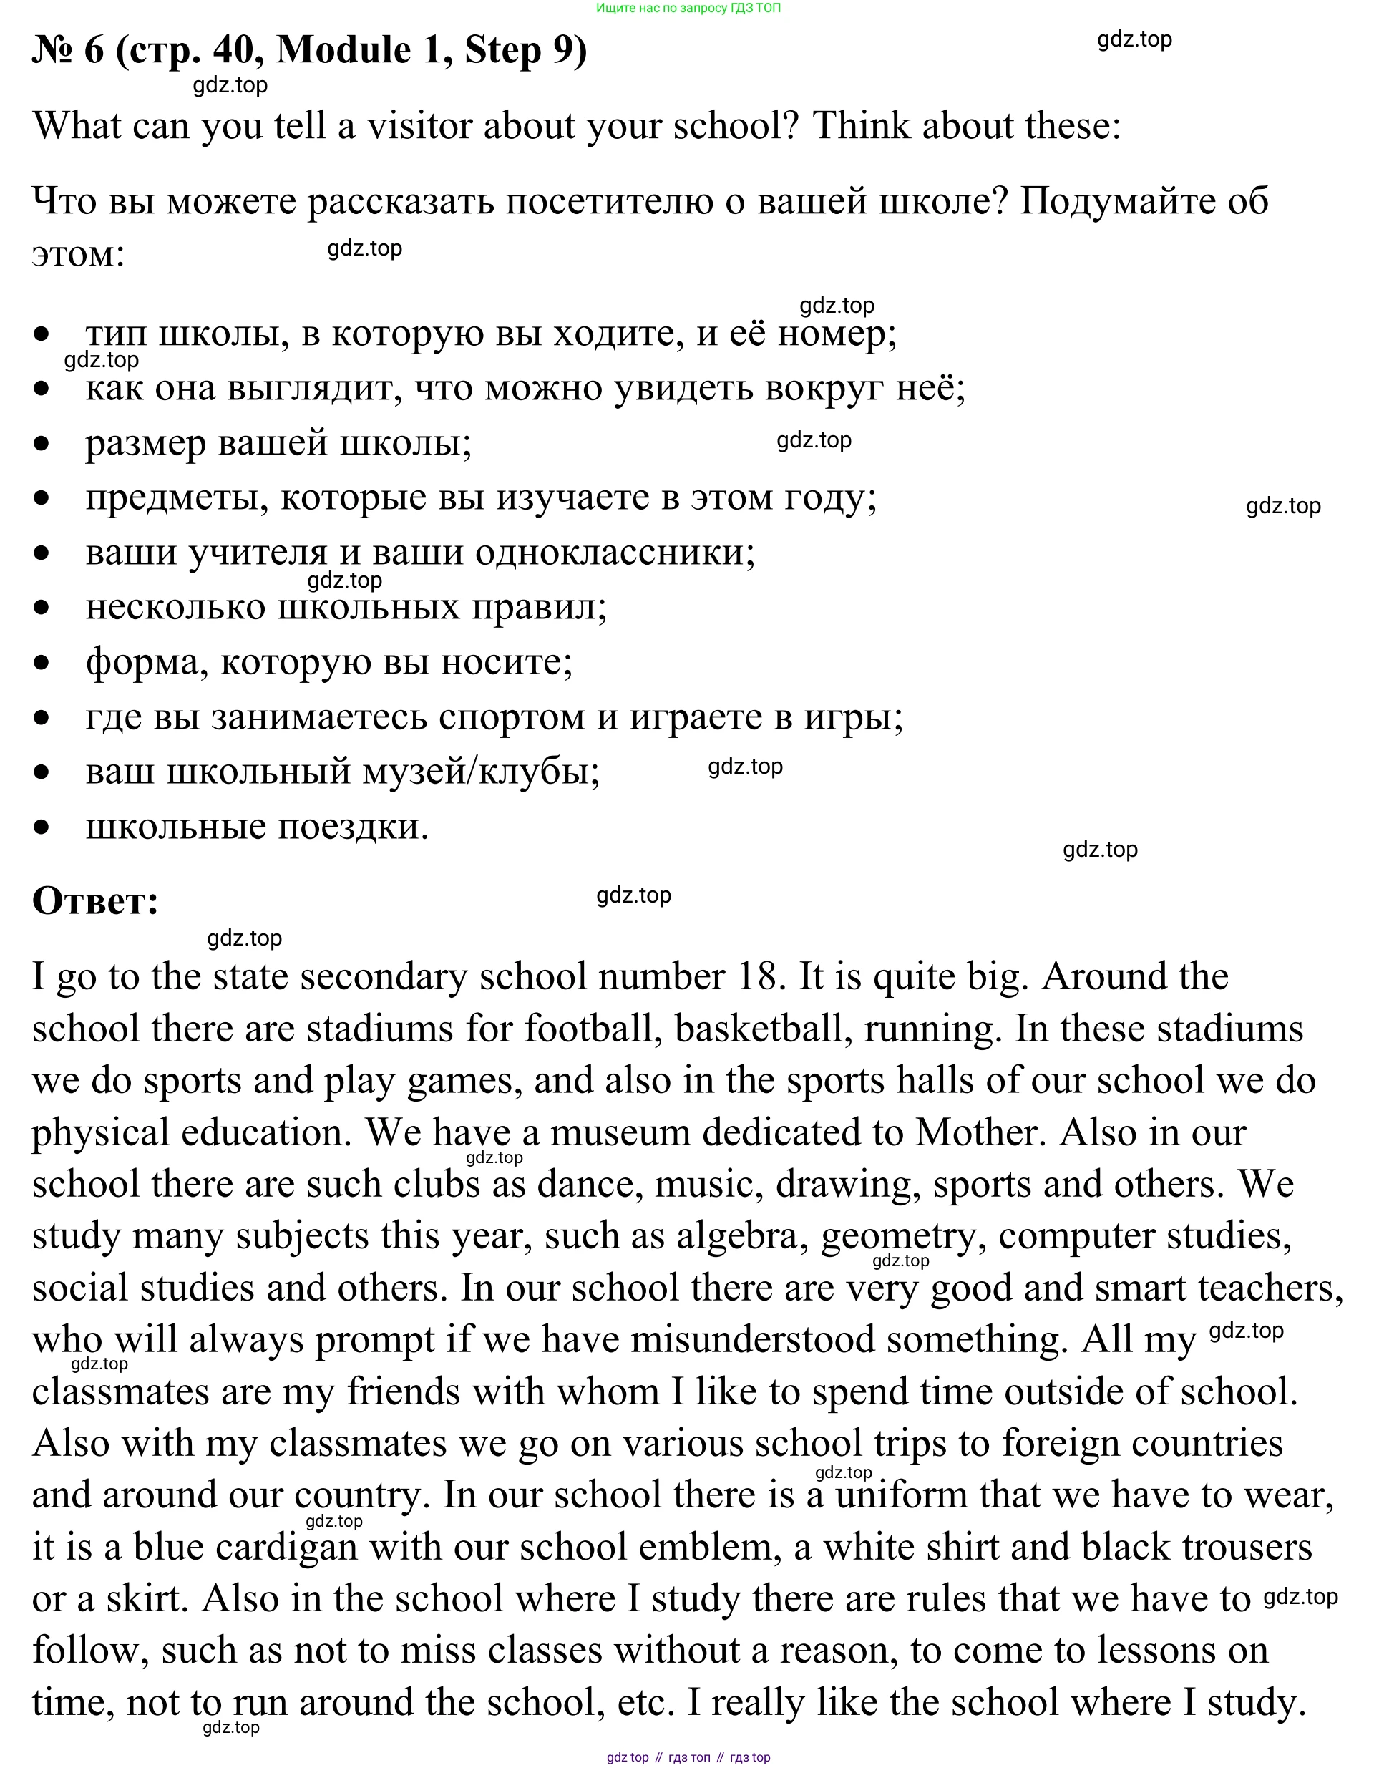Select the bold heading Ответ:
(x=95, y=901)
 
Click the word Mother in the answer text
(x=975, y=1132)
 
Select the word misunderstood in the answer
(x=753, y=1340)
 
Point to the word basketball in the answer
(x=763, y=1029)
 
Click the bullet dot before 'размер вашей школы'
(x=42, y=444)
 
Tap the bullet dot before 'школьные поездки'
(x=42, y=827)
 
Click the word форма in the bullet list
(x=142, y=662)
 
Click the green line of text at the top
(x=688, y=8)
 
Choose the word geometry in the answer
(x=898, y=1236)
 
